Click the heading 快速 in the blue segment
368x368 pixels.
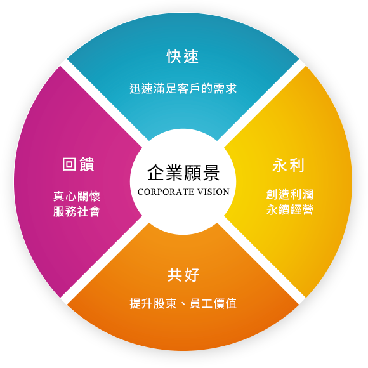pos(183,56)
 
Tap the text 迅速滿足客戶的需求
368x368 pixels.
pos(183,89)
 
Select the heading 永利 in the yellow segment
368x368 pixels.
pos(288,165)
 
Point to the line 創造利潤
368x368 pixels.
pos(289,195)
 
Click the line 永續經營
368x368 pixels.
pos(289,209)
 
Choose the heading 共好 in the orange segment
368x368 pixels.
pos(183,275)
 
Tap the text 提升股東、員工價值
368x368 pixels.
pos(183,303)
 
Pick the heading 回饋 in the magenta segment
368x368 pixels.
pos(78,164)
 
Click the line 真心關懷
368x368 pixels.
pos(77,197)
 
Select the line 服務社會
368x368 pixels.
pos(77,211)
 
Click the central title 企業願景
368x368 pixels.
pos(183,173)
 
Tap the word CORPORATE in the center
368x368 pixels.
pos(166,192)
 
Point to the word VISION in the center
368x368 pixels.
pos(213,192)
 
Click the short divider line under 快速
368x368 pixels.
pos(182,72)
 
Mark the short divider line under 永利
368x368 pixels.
pos(289,180)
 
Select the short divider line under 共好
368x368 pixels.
pos(182,289)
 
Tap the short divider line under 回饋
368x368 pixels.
pos(77,180)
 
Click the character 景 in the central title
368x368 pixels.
pos(211,173)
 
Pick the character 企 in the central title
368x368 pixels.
pos(155,173)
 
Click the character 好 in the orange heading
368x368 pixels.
pos(192,275)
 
